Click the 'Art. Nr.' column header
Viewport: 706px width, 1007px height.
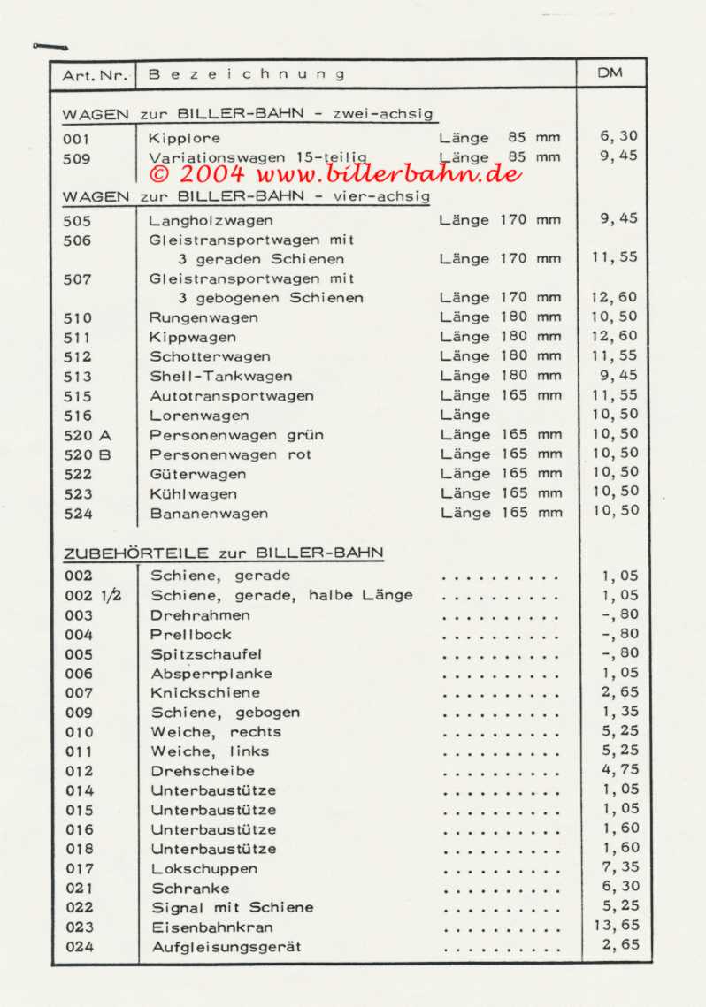click(x=96, y=75)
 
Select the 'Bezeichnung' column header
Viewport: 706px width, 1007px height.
click(x=247, y=75)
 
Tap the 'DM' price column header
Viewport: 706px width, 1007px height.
click(x=610, y=73)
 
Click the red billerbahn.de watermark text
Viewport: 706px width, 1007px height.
click(x=336, y=172)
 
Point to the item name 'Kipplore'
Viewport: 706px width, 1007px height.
click(x=184, y=139)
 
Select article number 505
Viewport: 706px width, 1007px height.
click(x=77, y=221)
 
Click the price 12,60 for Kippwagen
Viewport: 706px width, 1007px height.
click(x=614, y=336)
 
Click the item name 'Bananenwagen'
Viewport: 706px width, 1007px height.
click(x=209, y=514)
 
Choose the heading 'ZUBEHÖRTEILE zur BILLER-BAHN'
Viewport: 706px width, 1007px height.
click(x=223, y=553)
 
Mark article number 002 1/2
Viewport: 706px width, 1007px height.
click(x=92, y=596)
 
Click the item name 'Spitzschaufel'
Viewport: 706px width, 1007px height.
click(x=206, y=654)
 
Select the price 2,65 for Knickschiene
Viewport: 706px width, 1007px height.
click(x=619, y=692)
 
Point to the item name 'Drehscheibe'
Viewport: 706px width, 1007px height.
click(x=203, y=771)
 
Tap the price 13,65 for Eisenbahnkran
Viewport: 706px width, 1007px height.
click(x=615, y=926)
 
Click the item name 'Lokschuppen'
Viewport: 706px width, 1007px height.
click(x=204, y=869)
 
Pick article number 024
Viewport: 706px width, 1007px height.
click(x=79, y=947)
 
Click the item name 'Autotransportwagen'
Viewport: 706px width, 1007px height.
click(x=231, y=396)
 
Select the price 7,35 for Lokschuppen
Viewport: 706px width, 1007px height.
click(x=619, y=867)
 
